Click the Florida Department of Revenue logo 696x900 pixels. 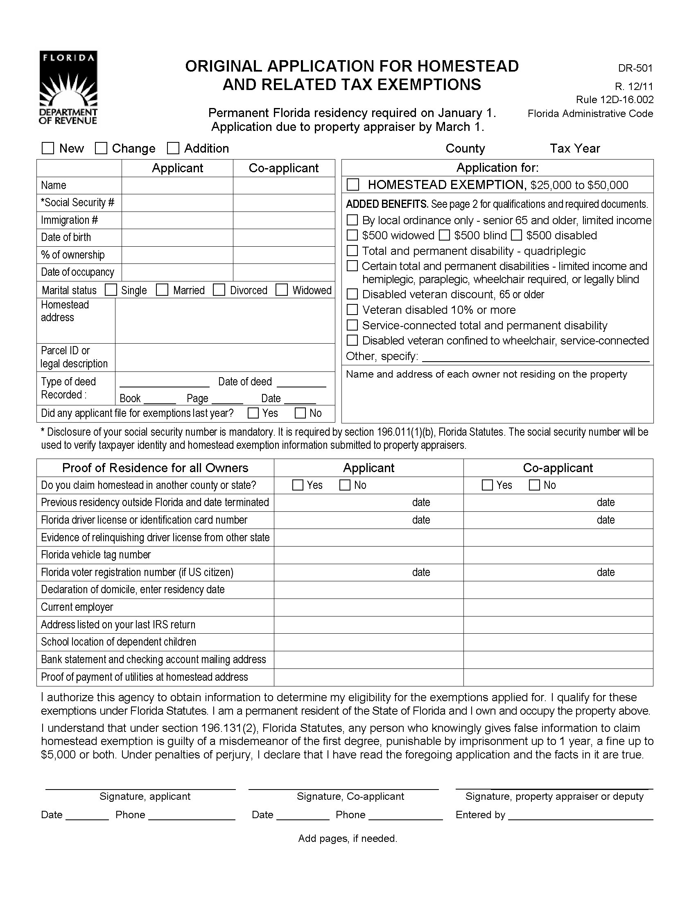[x=68, y=88]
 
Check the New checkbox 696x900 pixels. [x=48, y=148]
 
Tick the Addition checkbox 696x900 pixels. [x=173, y=148]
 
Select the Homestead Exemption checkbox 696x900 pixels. [x=353, y=184]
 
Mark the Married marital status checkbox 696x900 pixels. [x=162, y=290]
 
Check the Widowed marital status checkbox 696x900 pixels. [x=282, y=290]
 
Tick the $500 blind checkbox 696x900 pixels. [x=444, y=235]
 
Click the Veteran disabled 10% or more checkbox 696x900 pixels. [x=352, y=310]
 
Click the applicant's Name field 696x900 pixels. [x=177, y=185]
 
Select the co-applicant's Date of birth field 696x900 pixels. [x=284, y=237]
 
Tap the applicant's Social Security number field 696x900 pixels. [x=177, y=203]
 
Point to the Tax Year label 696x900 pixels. [x=575, y=148]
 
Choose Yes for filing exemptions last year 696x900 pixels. [x=253, y=413]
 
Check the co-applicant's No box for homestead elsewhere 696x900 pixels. [x=534, y=485]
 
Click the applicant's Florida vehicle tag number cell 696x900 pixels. [x=368, y=555]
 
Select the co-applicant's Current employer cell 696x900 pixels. [x=558, y=607]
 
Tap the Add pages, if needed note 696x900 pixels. [x=348, y=838]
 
